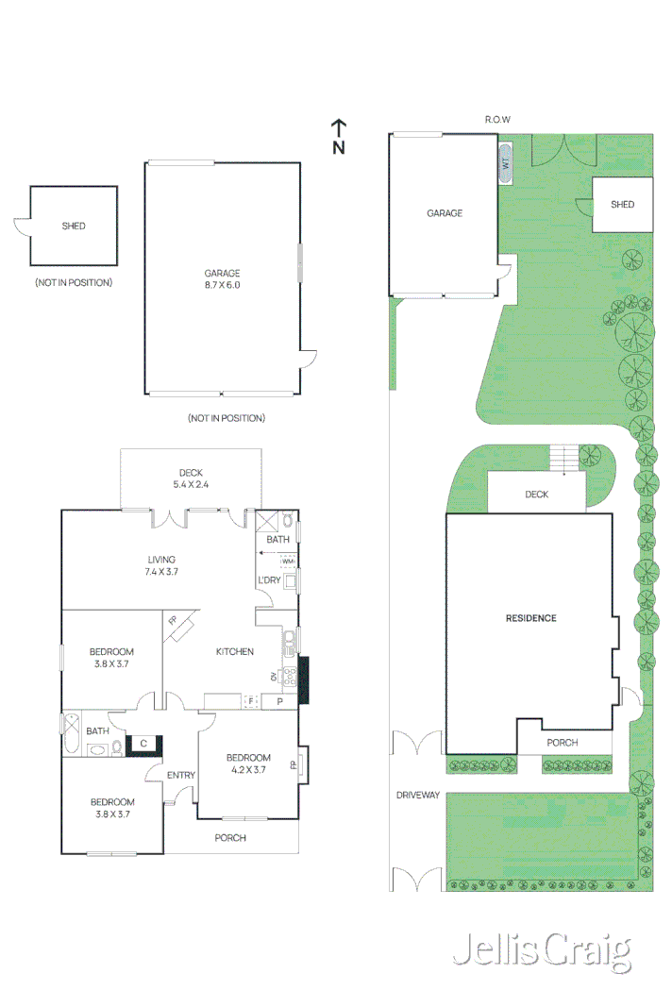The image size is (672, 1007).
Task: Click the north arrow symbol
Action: click(x=339, y=136)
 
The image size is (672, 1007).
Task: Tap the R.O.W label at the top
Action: click(x=498, y=120)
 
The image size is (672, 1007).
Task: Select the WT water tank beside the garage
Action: click(x=506, y=163)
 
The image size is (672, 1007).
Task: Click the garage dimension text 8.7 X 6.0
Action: click(x=223, y=285)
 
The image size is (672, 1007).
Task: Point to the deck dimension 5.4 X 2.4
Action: click(x=191, y=485)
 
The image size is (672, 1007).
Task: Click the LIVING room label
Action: click(x=161, y=560)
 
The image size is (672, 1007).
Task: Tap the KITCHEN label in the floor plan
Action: click(x=234, y=651)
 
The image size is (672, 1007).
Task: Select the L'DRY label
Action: click(x=269, y=579)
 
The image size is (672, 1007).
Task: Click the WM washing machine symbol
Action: click(x=288, y=562)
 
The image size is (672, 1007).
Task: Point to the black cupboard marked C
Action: click(x=143, y=744)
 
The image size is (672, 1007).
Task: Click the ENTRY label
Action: click(x=181, y=775)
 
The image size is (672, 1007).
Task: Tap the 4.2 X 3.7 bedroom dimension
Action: click(x=248, y=770)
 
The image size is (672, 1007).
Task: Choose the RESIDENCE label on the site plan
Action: click(x=531, y=618)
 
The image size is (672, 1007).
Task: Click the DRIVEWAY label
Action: click(x=418, y=795)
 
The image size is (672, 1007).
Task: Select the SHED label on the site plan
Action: click(x=623, y=204)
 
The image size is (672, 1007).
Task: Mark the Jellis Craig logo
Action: click(x=543, y=951)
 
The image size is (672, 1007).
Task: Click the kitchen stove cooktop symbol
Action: click(x=290, y=677)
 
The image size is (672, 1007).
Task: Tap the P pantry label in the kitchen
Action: click(x=280, y=701)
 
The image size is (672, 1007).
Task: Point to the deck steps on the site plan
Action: click(x=564, y=458)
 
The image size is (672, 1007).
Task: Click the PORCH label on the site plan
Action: click(x=563, y=743)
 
